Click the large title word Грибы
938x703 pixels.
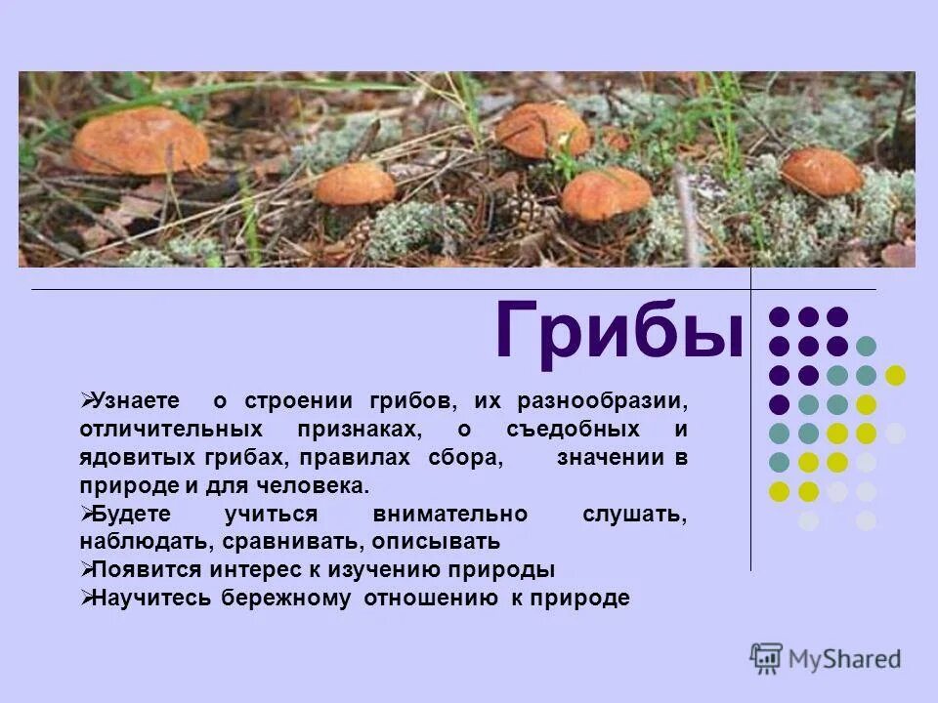(x=618, y=332)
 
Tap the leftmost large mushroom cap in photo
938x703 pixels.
(x=140, y=142)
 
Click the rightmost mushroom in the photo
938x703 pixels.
(x=822, y=172)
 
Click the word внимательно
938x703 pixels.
(x=450, y=514)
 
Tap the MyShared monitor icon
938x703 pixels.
(x=767, y=658)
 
